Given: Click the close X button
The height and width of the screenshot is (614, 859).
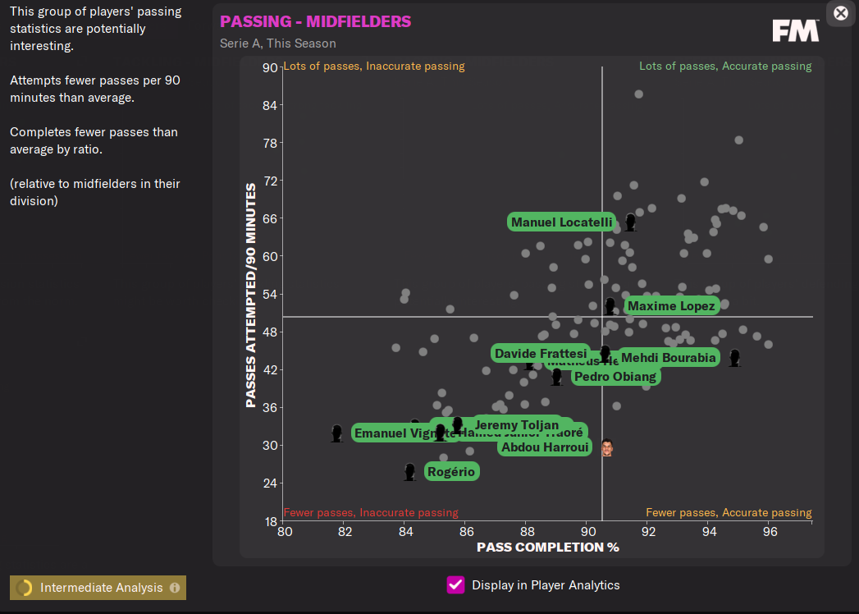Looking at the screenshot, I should [x=841, y=13].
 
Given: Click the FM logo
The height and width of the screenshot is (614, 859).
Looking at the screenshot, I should [x=795, y=31].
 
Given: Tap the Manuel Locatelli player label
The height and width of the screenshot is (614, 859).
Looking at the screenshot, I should [x=561, y=222].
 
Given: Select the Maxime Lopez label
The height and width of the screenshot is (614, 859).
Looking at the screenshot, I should [x=672, y=306].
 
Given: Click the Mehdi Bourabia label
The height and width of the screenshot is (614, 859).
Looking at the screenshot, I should [x=669, y=358].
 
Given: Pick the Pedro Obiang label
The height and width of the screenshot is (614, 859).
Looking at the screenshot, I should [x=615, y=377].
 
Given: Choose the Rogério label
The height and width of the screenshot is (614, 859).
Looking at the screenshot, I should [x=451, y=472].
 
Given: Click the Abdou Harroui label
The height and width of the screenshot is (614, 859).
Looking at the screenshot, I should [x=545, y=447].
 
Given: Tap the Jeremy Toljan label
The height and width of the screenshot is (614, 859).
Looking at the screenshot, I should [x=517, y=425].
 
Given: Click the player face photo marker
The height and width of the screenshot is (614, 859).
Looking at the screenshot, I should [x=606, y=447].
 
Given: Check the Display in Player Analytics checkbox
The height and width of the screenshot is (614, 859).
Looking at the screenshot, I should [x=455, y=585].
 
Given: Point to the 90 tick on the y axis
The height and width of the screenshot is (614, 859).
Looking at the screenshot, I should [x=269, y=68].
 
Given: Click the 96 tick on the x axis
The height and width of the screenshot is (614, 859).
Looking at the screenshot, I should [x=769, y=532].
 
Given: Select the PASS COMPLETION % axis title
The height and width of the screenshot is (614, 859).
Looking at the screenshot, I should [x=547, y=548].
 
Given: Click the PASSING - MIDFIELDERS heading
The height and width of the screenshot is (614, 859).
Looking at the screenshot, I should [x=316, y=21].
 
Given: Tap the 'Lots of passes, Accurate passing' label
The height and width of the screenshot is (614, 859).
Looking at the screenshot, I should [x=725, y=66].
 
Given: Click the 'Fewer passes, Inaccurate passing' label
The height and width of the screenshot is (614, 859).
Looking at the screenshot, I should [x=371, y=513].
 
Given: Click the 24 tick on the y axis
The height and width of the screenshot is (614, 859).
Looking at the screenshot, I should [x=269, y=483].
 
